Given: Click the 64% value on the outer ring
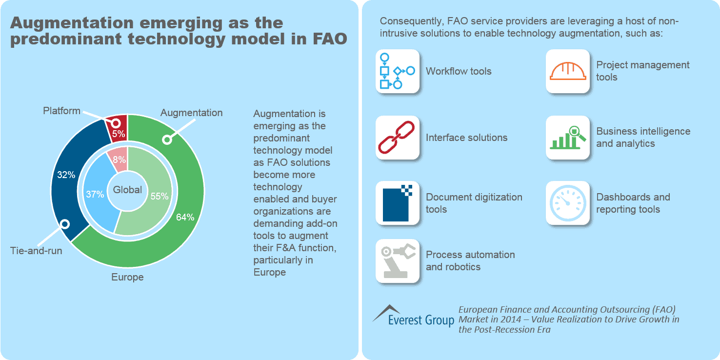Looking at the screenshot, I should [185, 218].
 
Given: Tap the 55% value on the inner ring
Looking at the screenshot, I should [160, 196].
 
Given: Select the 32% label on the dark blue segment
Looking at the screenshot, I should [66, 175].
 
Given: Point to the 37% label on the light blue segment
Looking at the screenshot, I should [94, 194].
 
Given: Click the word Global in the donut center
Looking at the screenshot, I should [127, 190].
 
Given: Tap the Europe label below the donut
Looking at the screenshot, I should [127, 277].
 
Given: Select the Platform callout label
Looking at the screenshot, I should [61, 111].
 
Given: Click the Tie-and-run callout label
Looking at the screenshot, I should [36, 252].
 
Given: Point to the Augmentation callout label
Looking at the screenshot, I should [191, 113].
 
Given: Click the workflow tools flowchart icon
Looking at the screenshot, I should [397, 71].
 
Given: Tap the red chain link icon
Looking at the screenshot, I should [397, 138].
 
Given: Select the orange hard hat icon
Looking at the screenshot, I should [567, 71].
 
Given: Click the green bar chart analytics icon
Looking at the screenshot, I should [567, 138].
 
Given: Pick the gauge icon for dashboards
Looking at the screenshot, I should [567, 203].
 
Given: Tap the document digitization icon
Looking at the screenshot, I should [397, 203].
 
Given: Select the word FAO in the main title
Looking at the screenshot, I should [329, 39].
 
